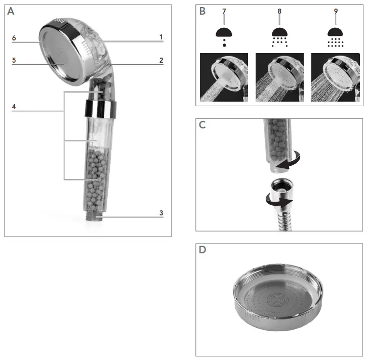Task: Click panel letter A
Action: [11, 12]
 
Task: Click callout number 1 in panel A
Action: [161, 37]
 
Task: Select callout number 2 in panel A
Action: [161, 60]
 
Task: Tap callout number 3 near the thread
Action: [161, 213]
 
